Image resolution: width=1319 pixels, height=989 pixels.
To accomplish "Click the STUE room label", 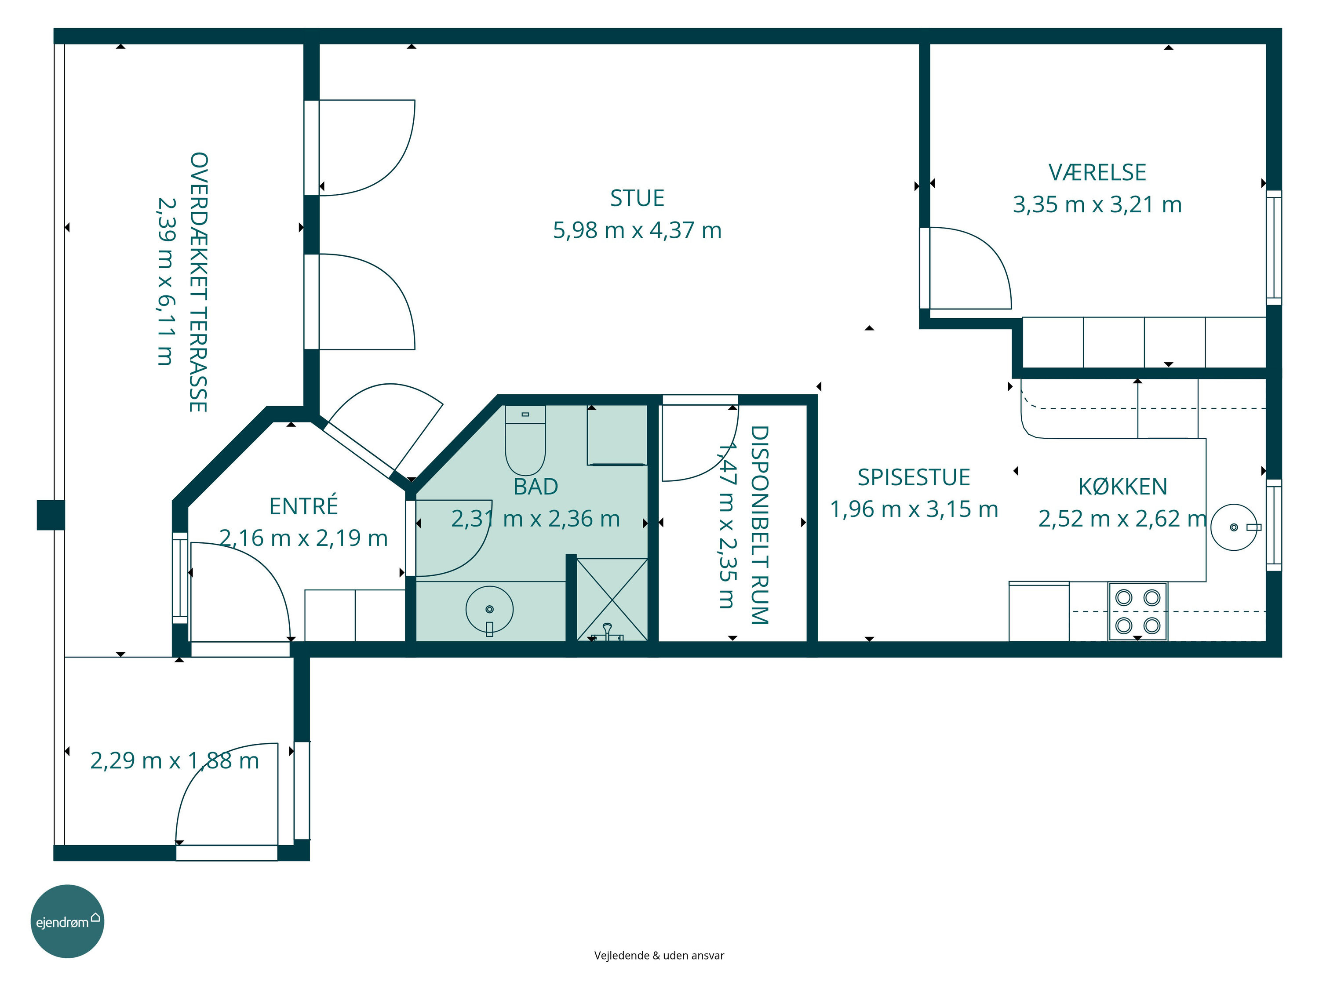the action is pyautogui.click(x=637, y=198).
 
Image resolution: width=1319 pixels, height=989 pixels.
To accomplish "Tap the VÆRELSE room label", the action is pyautogui.click(x=1097, y=172).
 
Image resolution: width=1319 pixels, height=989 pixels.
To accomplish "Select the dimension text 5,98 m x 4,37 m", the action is pyautogui.click(x=637, y=230).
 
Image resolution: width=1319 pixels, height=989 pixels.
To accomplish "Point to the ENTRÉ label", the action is pyautogui.click(x=303, y=505).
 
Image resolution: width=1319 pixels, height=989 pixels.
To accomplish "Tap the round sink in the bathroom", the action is pyautogui.click(x=489, y=609).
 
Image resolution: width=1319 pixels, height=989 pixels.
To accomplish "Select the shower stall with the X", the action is pyautogui.click(x=612, y=600).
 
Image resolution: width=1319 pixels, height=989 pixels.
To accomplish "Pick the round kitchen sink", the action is pyautogui.click(x=1234, y=527).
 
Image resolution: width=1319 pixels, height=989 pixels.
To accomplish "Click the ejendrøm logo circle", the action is pyautogui.click(x=67, y=921).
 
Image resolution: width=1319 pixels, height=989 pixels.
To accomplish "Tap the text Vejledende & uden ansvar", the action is pyautogui.click(x=659, y=956).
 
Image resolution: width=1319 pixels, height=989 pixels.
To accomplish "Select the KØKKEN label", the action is pyautogui.click(x=1122, y=487).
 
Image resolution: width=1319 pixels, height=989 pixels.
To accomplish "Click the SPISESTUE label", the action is pyautogui.click(x=914, y=477).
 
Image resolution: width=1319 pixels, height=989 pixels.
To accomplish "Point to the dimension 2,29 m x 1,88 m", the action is pyautogui.click(x=175, y=761).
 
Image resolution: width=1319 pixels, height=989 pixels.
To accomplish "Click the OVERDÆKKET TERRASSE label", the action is pyautogui.click(x=198, y=282).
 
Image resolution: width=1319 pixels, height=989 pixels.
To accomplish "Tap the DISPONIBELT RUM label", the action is pyautogui.click(x=759, y=524).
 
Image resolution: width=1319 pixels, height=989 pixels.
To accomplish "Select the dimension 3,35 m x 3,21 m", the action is pyautogui.click(x=1097, y=204).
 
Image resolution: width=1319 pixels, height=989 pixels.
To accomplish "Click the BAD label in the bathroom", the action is pyautogui.click(x=536, y=487).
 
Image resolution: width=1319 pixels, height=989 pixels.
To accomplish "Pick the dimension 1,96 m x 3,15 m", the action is pyautogui.click(x=914, y=509).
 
